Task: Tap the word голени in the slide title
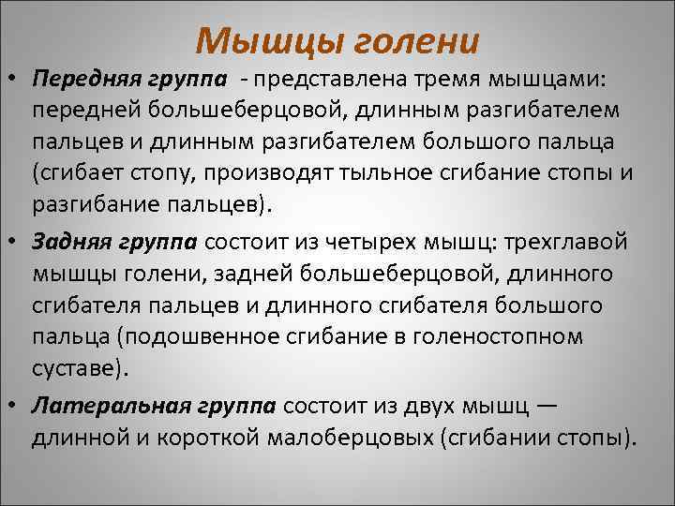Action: tap(412, 40)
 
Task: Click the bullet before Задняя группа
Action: tap(13, 242)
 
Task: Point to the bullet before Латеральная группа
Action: tap(13, 406)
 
